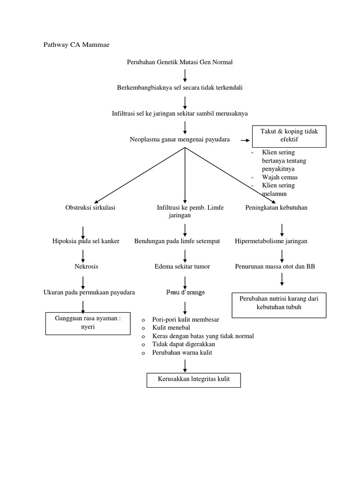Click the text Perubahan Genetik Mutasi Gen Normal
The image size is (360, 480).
click(180, 62)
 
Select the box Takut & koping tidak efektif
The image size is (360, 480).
click(289, 135)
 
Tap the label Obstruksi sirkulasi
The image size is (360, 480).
click(90, 208)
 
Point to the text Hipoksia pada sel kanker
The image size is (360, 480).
click(86, 241)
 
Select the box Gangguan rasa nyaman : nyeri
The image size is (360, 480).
click(88, 323)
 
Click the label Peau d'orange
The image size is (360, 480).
click(185, 292)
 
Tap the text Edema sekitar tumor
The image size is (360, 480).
click(182, 266)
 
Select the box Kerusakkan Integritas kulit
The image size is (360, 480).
click(194, 379)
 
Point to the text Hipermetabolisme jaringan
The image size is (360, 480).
click(271, 241)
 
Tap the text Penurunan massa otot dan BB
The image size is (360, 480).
click(275, 266)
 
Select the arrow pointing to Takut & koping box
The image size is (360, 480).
click(244, 140)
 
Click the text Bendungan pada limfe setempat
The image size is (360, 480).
click(177, 241)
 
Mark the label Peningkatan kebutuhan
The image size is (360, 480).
click(277, 208)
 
